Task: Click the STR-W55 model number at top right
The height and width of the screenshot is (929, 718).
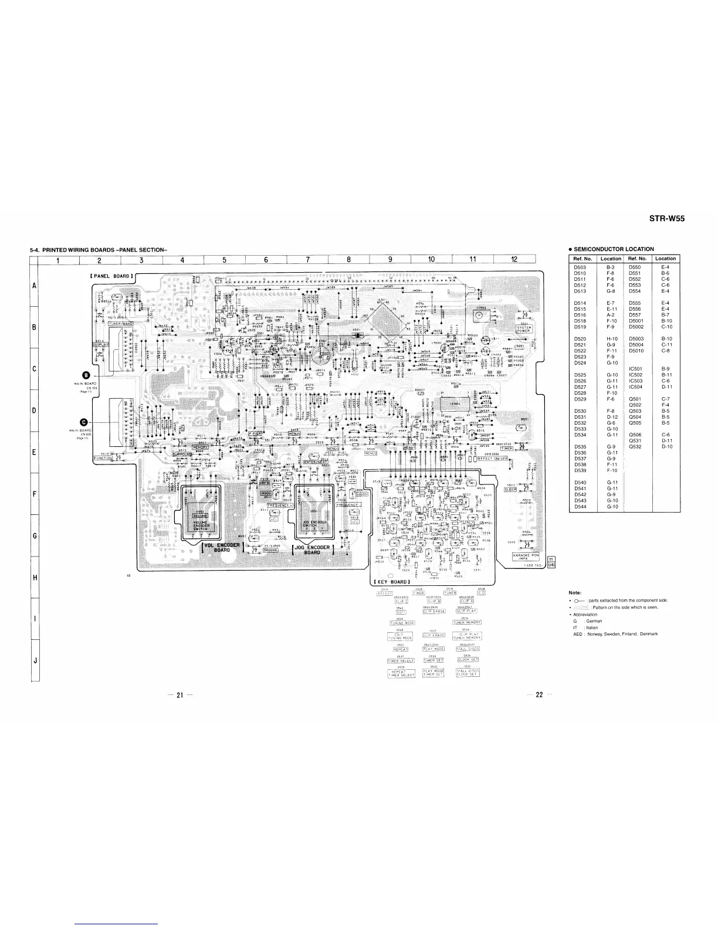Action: pyautogui.click(x=666, y=219)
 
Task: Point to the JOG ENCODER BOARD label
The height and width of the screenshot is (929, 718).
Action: pyautogui.click(x=312, y=549)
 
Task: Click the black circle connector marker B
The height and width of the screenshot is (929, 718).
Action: pyautogui.click(x=86, y=375)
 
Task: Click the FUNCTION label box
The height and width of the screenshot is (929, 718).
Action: pyautogui.click(x=103, y=458)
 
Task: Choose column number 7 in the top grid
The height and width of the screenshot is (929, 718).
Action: pyautogui.click(x=308, y=260)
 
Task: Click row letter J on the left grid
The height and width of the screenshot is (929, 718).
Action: pyautogui.click(x=36, y=660)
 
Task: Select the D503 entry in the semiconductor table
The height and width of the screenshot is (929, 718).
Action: pyautogui.click(x=580, y=267)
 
